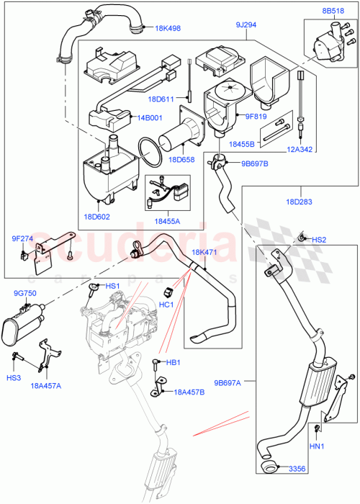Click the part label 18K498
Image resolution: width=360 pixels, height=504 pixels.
click(x=168, y=28)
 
